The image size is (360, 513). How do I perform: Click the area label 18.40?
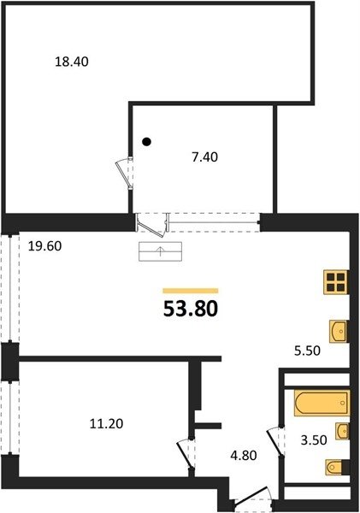[72, 62]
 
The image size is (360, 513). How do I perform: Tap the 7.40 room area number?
[205, 157]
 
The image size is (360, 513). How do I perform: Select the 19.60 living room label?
[44, 246]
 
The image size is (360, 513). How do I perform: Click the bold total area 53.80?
[191, 310]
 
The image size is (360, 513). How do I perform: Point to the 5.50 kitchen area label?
[307, 351]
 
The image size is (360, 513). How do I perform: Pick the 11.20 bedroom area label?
[106, 424]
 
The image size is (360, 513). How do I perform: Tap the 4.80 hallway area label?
[244, 455]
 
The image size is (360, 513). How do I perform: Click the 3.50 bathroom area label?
[314, 440]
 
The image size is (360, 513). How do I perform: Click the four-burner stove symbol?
[335, 282]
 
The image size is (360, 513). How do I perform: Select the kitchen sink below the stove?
[338, 332]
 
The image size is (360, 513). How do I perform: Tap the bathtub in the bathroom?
[322, 403]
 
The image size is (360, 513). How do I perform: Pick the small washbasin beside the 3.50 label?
[342, 431]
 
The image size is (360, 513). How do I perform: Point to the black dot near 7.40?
[147, 142]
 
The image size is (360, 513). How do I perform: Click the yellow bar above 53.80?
[191, 291]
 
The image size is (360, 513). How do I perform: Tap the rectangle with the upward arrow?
[161, 251]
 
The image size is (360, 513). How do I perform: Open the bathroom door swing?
[275, 441]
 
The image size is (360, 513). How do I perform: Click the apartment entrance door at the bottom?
[252, 498]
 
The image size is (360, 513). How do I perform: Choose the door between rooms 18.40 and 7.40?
[125, 173]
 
